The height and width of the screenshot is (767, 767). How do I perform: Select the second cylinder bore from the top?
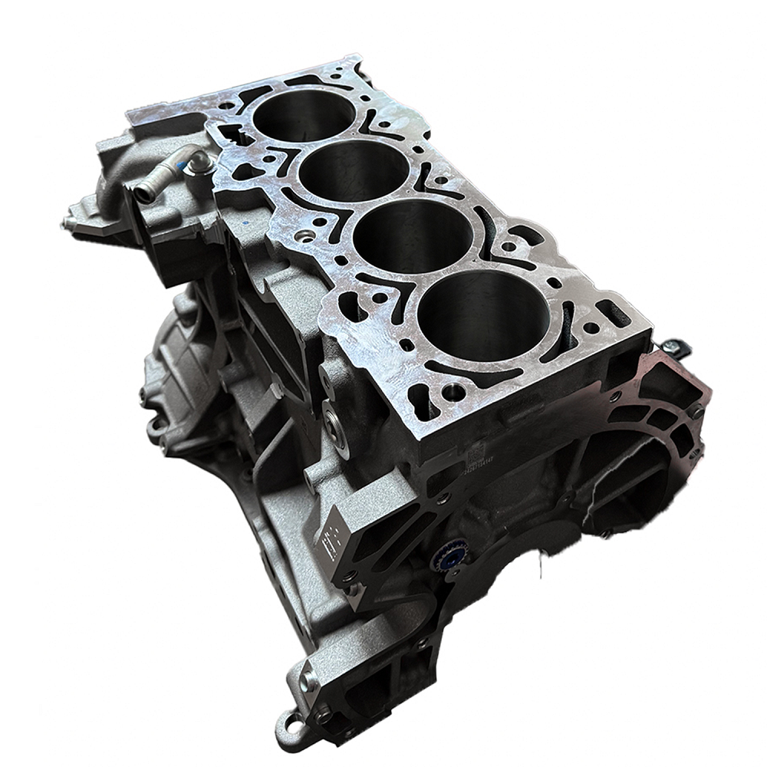[354, 170]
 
